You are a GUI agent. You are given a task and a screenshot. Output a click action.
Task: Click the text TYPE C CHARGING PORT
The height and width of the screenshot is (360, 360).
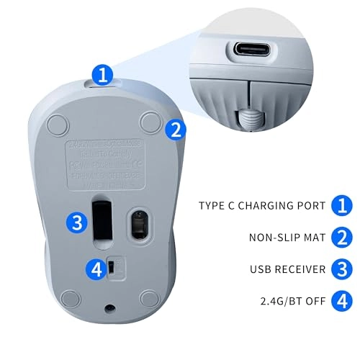(x=261, y=205)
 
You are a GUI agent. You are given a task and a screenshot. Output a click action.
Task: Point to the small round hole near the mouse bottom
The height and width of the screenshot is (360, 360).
(x=109, y=307)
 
